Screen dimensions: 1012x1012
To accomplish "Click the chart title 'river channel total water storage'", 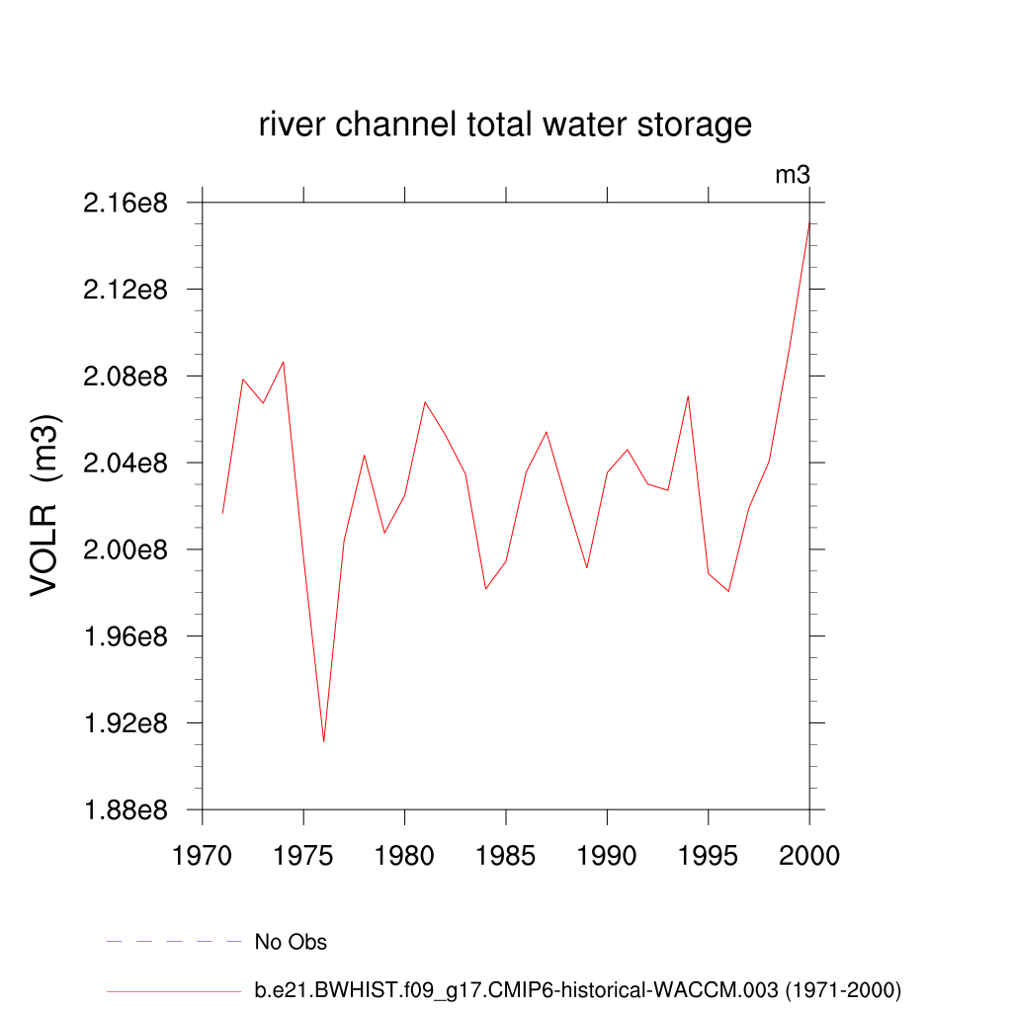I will (505, 126).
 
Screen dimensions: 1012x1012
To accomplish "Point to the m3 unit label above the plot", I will (793, 176).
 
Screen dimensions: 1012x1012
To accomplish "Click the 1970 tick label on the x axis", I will (203, 855).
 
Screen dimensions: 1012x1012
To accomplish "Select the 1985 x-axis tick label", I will (506, 855).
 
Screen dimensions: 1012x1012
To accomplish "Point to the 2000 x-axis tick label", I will (809, 855).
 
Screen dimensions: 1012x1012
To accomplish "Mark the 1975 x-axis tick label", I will (303, 855).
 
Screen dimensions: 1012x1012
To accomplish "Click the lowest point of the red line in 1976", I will (323, 741).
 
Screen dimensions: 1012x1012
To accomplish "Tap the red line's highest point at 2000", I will (809, 223).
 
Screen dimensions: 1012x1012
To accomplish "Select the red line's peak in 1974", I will (284, 362).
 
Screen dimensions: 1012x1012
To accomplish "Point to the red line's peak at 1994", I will (688, 395).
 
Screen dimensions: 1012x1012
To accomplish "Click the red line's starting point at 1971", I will (222, 512).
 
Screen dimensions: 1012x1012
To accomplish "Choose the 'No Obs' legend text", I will (291, 942).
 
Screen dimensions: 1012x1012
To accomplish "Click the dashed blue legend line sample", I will (174, 942).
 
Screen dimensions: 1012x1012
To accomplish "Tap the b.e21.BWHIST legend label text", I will (578, 989).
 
